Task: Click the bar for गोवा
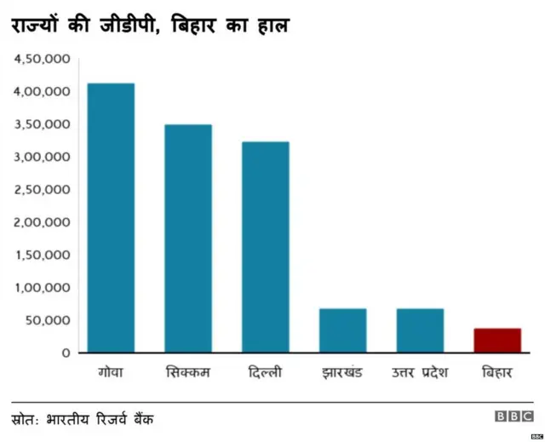coord(111,217)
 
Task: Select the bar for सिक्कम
coord(187,238)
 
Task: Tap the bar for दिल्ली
coord(265,247)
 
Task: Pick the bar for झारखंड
coord(342,330)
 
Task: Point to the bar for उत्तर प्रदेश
coord(420,330)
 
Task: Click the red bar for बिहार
coord(497,341)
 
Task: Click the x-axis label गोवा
coord(111,373)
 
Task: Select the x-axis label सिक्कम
coord(187,373)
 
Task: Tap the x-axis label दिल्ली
coord(265,373)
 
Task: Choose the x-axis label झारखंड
coord(342,373)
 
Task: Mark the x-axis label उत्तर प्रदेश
coord(420,373)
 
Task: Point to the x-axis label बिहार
coord(497,373)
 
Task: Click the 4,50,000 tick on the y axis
coord(42,60)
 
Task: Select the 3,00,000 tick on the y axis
coord(42,158)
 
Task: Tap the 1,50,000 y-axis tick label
coord(42,255)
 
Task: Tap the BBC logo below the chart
coord(513,416)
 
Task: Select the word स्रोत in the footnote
coord(29,419)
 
